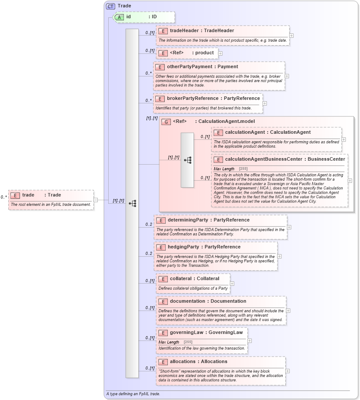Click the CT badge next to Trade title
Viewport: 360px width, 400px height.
click(x=110, y=6)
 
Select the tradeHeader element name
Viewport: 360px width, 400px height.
click(x=202, y=31)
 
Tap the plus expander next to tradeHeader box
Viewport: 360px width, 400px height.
click(x=291, y=36)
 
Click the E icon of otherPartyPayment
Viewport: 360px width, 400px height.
click(x=160, y=67)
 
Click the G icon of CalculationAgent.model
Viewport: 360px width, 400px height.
click(x=166, y=122)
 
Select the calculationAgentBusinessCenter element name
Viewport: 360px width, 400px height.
click(x=285, y=159)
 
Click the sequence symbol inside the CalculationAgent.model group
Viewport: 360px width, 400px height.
click(x=187, y=160)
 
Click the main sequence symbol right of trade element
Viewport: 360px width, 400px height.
click(x=132, y=203)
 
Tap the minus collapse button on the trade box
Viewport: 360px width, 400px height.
click(x=96, y=200)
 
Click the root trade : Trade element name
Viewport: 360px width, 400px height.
click(x=41, y=195)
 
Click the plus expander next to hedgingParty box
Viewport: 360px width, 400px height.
click(x=279, y=256)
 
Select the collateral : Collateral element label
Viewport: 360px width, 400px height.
click(x=194, y=278)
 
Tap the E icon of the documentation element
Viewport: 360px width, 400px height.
click(x=163, y=301)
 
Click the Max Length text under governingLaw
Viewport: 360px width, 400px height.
click(x=169, y=342)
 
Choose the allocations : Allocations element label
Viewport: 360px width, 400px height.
click(x=198, y=362)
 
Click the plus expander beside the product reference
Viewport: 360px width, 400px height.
click(x=220, y=53)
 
